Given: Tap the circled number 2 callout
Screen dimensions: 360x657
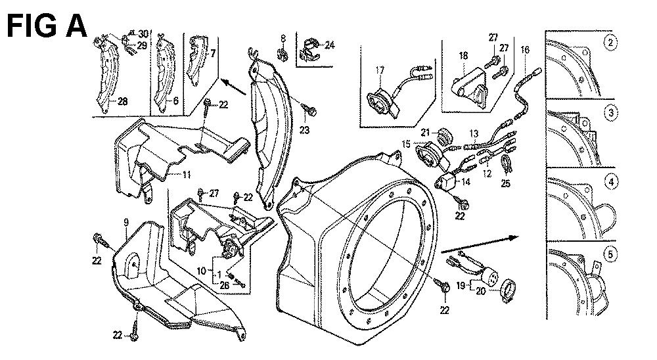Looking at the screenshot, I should [611, 44].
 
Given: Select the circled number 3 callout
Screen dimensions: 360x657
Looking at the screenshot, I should [611, 113].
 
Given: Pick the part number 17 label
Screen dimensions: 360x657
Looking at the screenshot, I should [380, 71].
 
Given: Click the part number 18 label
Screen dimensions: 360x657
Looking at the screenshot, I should [463, 56].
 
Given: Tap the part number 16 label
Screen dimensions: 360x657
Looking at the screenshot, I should [524, 49].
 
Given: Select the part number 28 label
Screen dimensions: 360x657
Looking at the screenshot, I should [122, 101].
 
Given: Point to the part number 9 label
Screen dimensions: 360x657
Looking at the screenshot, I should [125, 225].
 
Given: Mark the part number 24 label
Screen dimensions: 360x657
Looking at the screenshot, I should [329, 45].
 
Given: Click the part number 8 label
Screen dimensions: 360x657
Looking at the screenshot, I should [284, 37].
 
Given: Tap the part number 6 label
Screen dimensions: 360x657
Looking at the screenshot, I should [175, 101].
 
